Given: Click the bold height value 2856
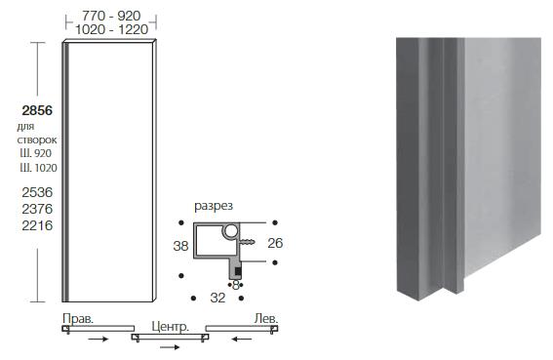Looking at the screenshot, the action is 37,110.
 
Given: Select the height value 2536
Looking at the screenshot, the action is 37,192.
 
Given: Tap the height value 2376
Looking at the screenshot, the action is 37,209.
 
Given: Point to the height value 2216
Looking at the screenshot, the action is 37,225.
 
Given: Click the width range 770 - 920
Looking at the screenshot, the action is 111,16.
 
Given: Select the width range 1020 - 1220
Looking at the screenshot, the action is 111,29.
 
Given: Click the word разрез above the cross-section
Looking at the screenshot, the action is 214,206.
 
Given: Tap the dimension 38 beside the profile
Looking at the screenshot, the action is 180,246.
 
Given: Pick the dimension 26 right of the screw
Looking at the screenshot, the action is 275,243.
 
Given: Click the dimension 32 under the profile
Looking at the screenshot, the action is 217,298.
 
